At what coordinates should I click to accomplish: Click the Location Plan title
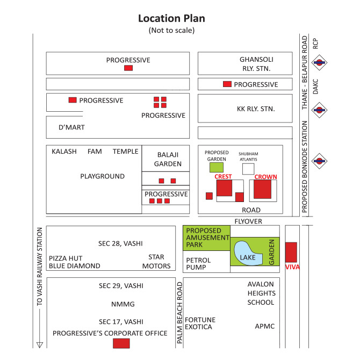tap(171, 18)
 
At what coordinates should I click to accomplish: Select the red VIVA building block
tap(291, 252)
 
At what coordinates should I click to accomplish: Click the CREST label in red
tap(223, 177)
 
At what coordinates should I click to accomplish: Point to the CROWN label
tap(265, 177)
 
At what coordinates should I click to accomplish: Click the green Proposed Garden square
tap(217, 167)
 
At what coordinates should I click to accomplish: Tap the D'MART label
tap(71, 127)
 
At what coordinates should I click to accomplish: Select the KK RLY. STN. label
tap(256, 109)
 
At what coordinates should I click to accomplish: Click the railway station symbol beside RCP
tap(319, 62)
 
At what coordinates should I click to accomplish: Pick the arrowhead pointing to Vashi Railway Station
tap(40, 345)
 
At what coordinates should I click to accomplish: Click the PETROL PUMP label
tap(198, 264)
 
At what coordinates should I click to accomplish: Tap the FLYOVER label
tap(248, 221)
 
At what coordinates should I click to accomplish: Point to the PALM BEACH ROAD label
tap(179, 313)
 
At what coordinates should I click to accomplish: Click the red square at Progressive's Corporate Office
tap(121, 343)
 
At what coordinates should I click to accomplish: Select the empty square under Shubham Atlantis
tap(248, 169)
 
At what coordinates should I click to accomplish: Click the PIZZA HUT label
tap(66, 258)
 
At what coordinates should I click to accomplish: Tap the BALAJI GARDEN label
tap(168, 159)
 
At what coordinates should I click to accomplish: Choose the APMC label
tap(265, 326)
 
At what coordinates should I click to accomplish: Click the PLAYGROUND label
tap(103, 176)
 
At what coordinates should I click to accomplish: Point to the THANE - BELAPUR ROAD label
tap(305, 73)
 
